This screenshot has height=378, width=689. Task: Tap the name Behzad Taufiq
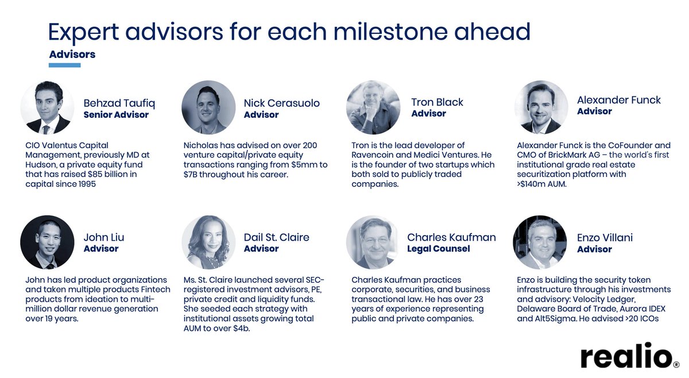pyautogui.click(x=119, y=103)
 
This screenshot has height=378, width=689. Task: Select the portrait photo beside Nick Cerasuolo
pyautogui.click(x=208, y=107)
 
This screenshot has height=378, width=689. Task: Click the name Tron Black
pyautogui.click(x=437, y=102)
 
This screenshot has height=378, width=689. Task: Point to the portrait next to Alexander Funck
pyautogui.click(x=541, y=107)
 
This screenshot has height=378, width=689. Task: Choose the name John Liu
pyautogui.click(x=104, y=237)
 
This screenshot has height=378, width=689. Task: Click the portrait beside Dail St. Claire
pyautogui.click(x=208, y=242)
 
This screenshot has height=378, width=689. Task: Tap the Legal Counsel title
pyautogui.click(x=438, y=249)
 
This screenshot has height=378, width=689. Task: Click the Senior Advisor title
pyautogui.click(x=116, y=115)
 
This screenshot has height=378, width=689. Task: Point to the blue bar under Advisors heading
pyautogui.click(x=65, y=65)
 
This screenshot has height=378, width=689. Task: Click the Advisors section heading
pyautogui.click(x=72, y=55)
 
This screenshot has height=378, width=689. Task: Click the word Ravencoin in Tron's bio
pyautogui.click(x=380, y=155)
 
